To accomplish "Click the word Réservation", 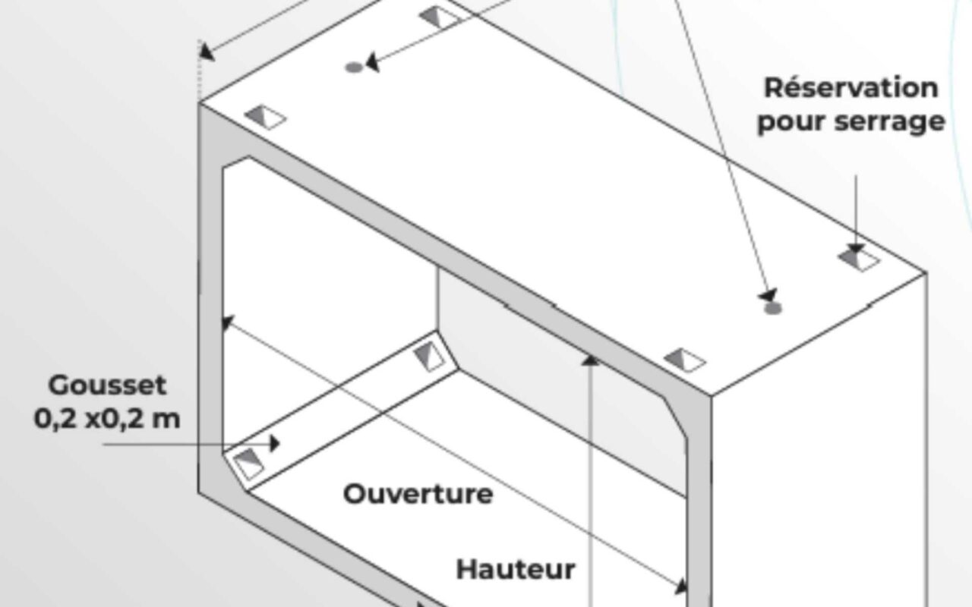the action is click(x=851, y=89).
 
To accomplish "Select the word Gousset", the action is click(x=107, y=385).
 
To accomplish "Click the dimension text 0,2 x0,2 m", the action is click(x=107, y=419).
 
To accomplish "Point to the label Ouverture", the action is click(x=418, y=494).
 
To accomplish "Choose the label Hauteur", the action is click(x=516, y=569).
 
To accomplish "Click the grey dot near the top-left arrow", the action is click(x=354, y=68).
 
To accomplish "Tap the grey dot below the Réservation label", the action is click(x=773, y=308).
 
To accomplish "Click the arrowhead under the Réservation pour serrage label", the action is click(x=856, y=249).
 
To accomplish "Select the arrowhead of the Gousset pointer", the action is click(x=275, y=444).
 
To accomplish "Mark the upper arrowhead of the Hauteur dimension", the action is click(x=590, y=360).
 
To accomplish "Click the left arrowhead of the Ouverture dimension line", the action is click(x=227, y=322).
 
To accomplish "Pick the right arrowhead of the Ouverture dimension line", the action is click(x=682, y=587).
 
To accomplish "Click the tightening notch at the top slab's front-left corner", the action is click(x=265, y=117).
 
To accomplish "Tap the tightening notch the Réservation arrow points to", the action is click(x=859, y=259).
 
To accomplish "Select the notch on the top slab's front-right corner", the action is click(x=685, y=360).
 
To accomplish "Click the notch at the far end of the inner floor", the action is click(x=430, y=357).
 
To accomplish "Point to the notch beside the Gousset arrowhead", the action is click(x=248, y=464).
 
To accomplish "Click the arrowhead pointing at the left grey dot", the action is click(x=372, y=63).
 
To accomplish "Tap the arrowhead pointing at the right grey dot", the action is click(x=768, y=295).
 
